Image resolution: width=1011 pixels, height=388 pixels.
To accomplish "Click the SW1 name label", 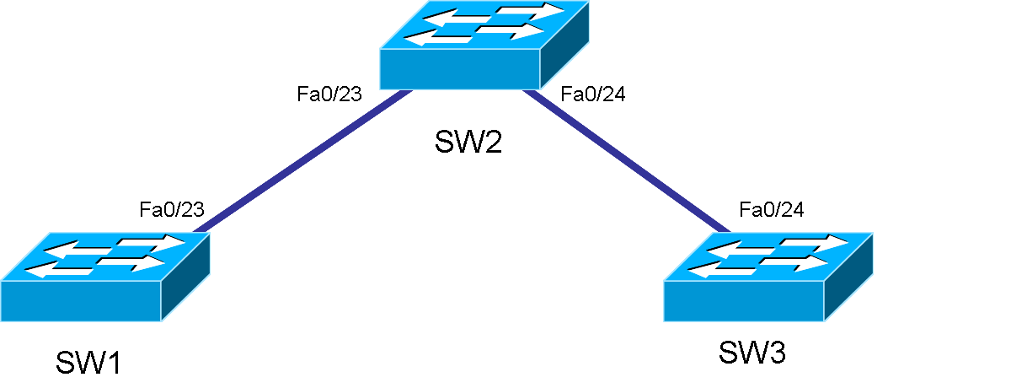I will point(88,364).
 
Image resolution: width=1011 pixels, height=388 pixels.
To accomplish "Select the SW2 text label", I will point(468,142).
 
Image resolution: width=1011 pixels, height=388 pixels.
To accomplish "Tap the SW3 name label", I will point(752,353).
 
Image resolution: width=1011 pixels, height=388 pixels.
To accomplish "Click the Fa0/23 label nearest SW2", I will point(329,94).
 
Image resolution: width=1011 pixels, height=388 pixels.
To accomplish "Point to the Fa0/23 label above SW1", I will point(172,209).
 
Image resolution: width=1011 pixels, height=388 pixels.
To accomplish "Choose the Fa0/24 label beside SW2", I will point(593,94).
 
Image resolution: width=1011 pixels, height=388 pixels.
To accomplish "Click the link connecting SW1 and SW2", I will point(303,160).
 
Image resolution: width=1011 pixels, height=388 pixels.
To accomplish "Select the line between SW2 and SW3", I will point(623,160).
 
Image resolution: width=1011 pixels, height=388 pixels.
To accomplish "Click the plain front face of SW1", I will point(80,301).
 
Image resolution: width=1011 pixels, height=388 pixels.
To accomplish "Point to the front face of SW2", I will point(459,69).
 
